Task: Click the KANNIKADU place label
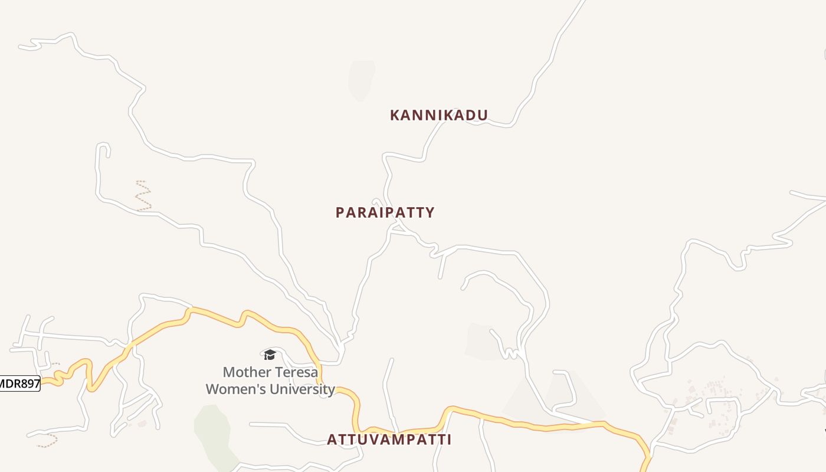click(x=439, y=115)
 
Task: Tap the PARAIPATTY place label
click(x=385, y=212)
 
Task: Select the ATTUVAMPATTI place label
click(x=389, y=440)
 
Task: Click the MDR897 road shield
click(x=19, y=383)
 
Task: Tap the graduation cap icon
click(x=270, y=354)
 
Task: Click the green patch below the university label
click(x=212, y=431)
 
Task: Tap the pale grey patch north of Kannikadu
click(x=361, y=80)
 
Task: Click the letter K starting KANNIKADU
click(x=395, y=115)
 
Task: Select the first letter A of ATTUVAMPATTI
click(x=332, y=440)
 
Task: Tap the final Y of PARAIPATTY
click(x=430, y=212)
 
